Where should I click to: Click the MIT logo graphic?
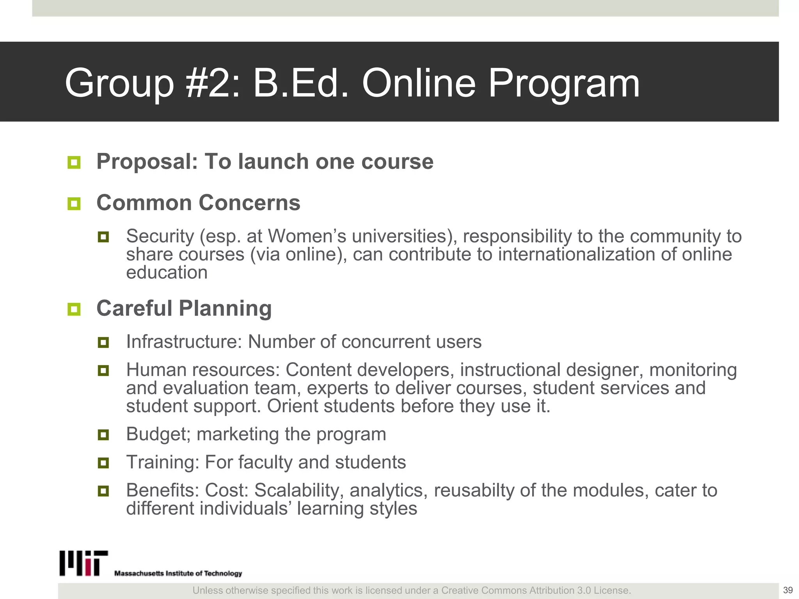point(83,563)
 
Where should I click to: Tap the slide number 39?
point(788,590)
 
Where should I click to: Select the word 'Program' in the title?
point(564,83)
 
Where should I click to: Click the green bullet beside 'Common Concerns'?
point(74,203)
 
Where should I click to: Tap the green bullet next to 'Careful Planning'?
point(74,309)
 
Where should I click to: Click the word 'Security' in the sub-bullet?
point(160,236)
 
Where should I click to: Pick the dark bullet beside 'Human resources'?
point(103,370)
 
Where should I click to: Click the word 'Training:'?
point(163,462)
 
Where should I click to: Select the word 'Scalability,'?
point(299,490)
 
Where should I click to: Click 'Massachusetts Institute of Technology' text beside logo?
point(178,573)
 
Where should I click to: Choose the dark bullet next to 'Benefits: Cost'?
point(103,491)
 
